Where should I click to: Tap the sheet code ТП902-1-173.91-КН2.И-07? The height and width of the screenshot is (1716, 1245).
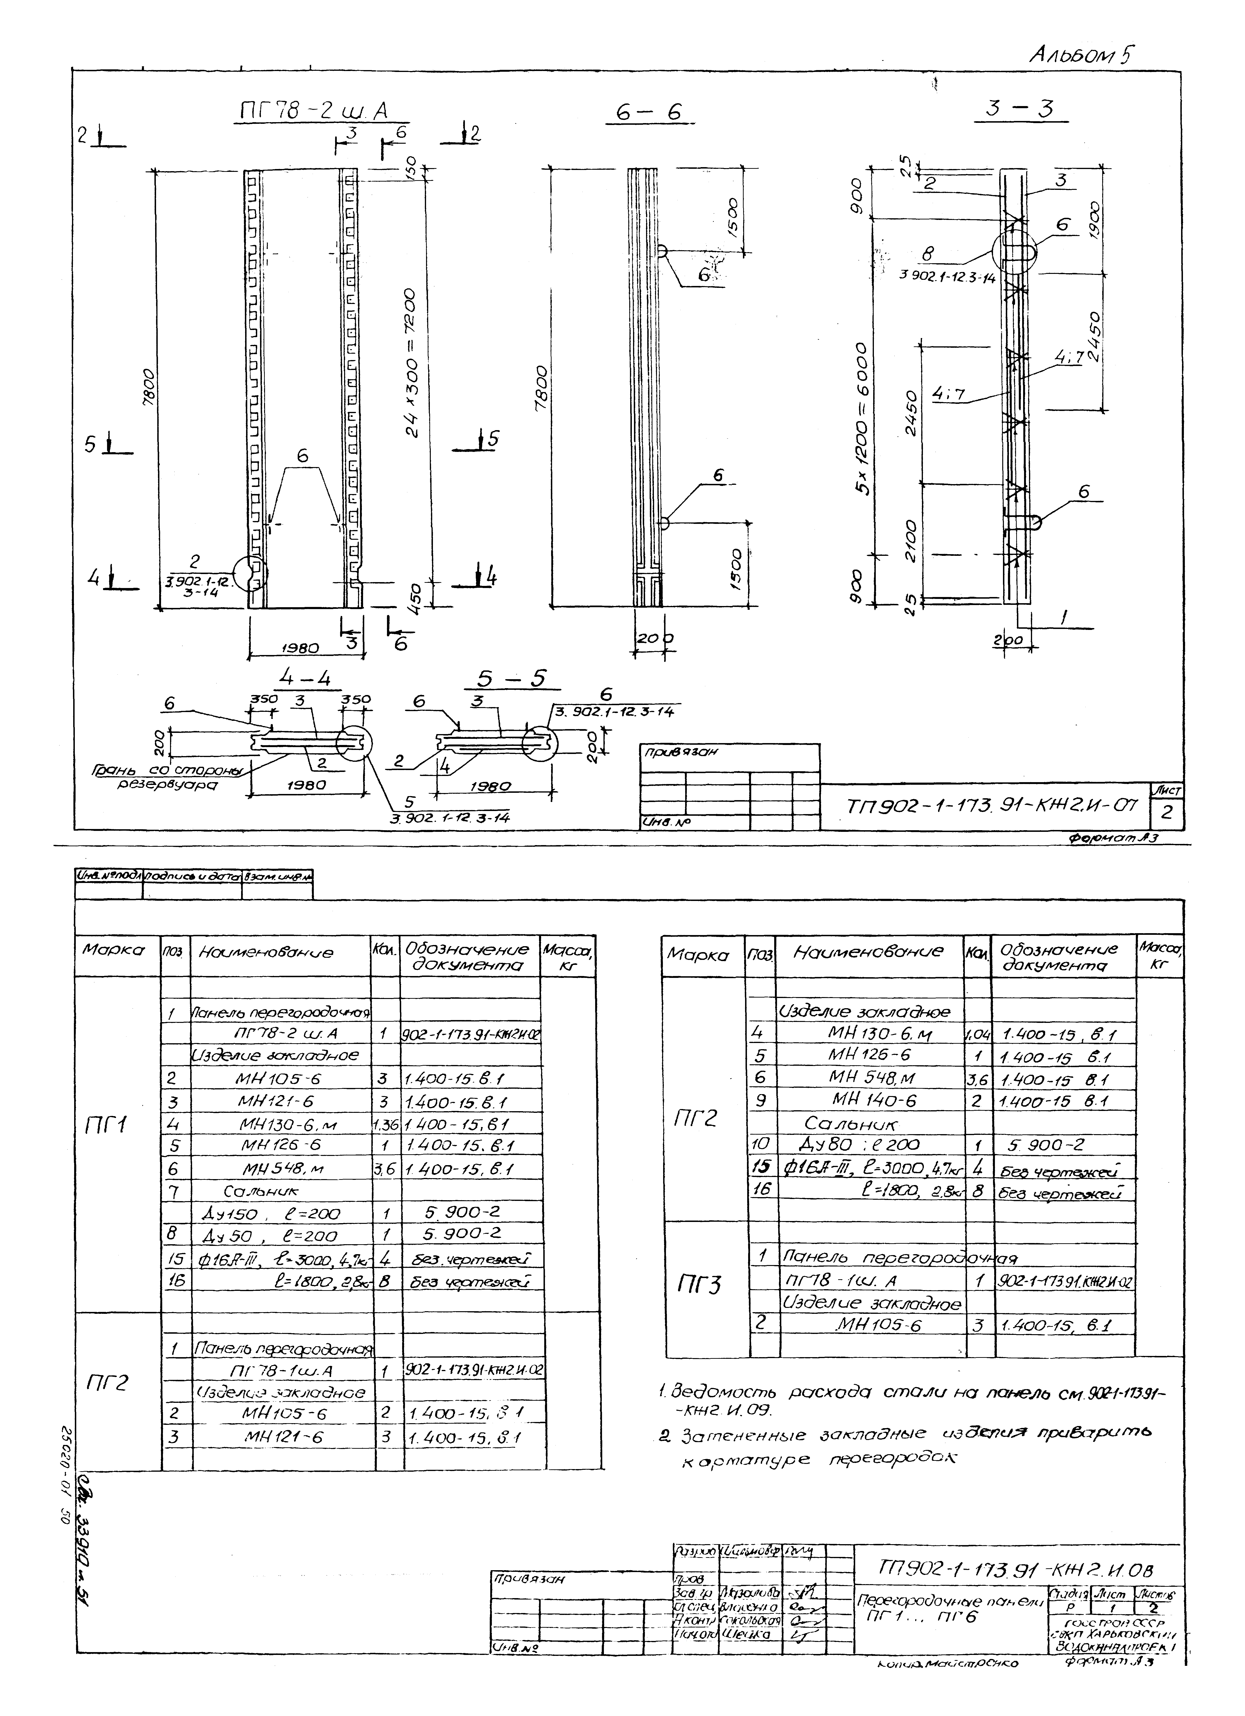[991, 804]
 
